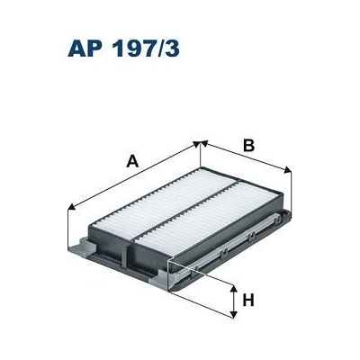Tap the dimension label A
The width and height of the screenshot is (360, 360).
132,161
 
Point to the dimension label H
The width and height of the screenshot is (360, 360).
252,301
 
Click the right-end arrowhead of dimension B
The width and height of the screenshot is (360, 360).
287,171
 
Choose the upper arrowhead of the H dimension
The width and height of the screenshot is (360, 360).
235,287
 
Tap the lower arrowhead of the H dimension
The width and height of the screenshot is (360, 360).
235,316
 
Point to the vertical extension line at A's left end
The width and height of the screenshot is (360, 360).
71,229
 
